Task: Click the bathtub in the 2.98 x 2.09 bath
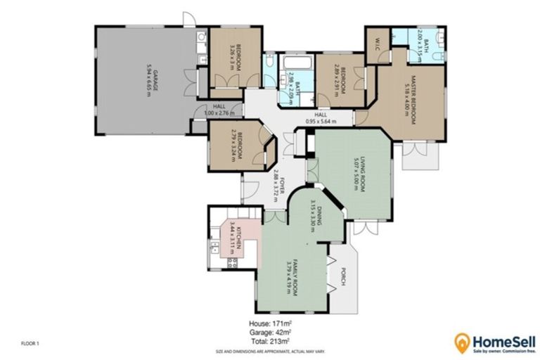tap(294, 69)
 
